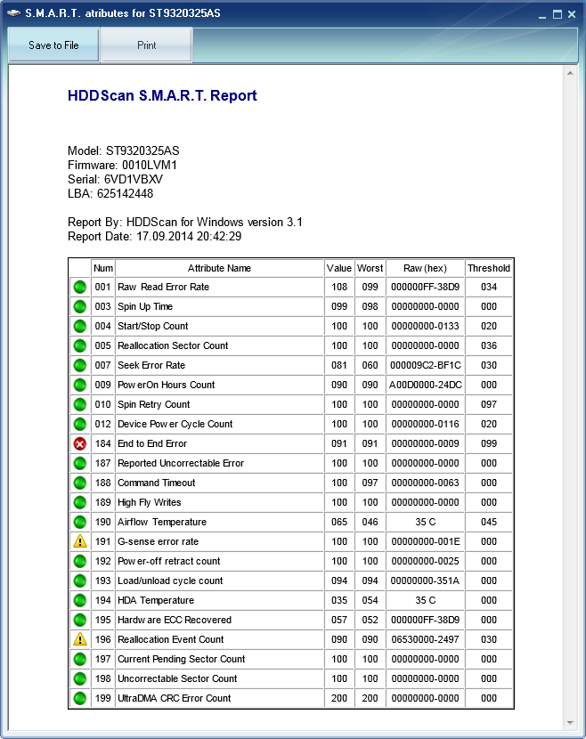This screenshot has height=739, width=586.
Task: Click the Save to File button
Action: [53, 45]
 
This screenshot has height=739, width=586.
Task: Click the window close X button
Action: [572, 15]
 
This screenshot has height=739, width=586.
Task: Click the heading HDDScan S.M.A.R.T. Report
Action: [162, 96]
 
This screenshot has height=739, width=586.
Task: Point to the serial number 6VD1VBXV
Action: [134, 179]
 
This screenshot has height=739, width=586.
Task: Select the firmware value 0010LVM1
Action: [150, 165]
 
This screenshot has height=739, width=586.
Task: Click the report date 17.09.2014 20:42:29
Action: [189, 236]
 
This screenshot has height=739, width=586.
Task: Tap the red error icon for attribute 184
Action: [80, 443]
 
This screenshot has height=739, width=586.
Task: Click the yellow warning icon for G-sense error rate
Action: [80, 541]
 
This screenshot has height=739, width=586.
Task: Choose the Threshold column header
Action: [489, 268]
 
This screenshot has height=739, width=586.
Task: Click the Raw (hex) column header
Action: [425, 268]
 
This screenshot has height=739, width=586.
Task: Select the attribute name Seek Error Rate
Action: [151, 365]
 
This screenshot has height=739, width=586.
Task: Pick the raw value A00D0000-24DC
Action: [425, 385]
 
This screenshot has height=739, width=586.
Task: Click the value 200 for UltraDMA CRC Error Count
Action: [338, 698]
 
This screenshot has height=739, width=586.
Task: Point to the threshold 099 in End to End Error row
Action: [489, 443]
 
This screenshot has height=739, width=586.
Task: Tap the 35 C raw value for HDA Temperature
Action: [425, 600]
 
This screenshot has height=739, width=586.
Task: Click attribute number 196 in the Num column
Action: [103, 639]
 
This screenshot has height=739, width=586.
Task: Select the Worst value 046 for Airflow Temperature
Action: [370, 522]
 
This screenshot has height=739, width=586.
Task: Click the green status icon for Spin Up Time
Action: [80, 306]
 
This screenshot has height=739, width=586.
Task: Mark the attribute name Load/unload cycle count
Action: [170, 581]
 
